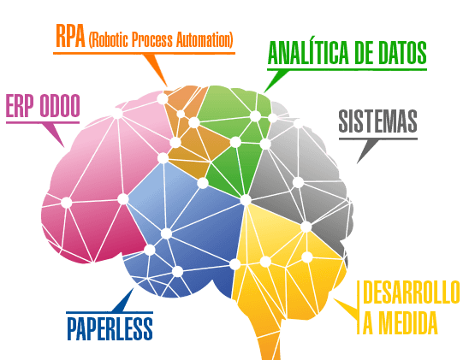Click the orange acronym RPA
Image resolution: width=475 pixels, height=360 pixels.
tap(70, 36)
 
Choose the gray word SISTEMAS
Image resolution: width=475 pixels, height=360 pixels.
tap(377, 121)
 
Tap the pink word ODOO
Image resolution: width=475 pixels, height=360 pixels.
tap(60, 106)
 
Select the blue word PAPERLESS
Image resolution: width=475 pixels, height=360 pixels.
tap(110, 328)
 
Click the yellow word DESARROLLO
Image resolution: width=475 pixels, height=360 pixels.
tap(412, 292)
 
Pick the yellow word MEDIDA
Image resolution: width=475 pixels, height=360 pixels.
tap(408, 322)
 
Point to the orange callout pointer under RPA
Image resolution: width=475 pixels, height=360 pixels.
tap(155, 69)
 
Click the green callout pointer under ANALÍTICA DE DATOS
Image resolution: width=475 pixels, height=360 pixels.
tap(275, 80)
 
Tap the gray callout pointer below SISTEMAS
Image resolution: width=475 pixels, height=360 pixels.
tap(367, 151)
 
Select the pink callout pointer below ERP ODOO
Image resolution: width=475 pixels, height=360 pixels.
tap(54, 135)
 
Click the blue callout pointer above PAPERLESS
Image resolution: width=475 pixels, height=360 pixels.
tap(123, 300)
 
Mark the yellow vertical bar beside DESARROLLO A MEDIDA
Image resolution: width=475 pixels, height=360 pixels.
tap(359, 307)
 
